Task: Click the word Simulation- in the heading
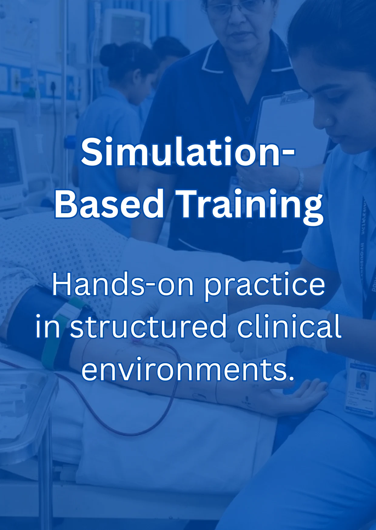tap(188, 152)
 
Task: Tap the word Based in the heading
tap(109, 203)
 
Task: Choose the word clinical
tap(289, 326)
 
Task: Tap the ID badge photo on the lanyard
tap(362, 381)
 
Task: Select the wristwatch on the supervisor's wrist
tap(300, 179)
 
